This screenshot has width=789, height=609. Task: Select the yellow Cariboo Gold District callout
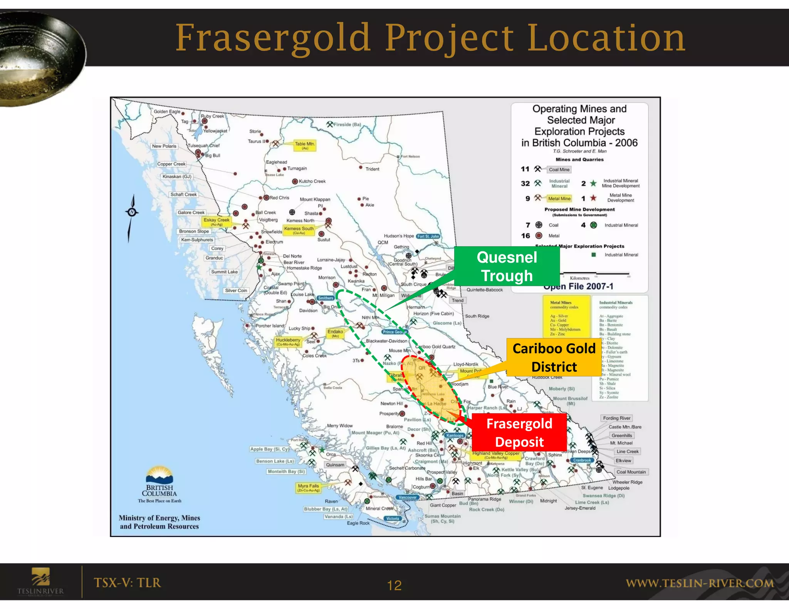tap(554, 357)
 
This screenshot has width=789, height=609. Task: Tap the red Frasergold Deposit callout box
tap(519, 432)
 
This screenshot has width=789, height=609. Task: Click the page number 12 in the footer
tap(394, 586)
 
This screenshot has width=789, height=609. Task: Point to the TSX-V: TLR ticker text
tap(127, 582)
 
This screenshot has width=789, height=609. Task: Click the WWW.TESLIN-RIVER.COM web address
tap(700, 583)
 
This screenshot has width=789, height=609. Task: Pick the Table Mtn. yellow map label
tap(305, 145)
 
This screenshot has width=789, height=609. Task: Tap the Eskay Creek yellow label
tap(217, 221)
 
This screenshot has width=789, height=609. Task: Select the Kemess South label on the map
tap(299, 230)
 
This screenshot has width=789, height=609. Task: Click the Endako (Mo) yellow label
tap(335, 333)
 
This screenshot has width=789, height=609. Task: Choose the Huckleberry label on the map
tap(288, 341)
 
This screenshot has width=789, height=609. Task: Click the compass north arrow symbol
tap(132, 212)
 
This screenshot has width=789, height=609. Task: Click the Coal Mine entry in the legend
tap(559, 169)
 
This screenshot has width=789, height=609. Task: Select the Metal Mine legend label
tap(559, 199)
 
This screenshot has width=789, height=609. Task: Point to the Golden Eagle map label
tap(167, 112)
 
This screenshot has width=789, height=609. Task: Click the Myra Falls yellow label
tap(308, 488)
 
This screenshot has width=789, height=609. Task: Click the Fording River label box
tap(616, 418)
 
